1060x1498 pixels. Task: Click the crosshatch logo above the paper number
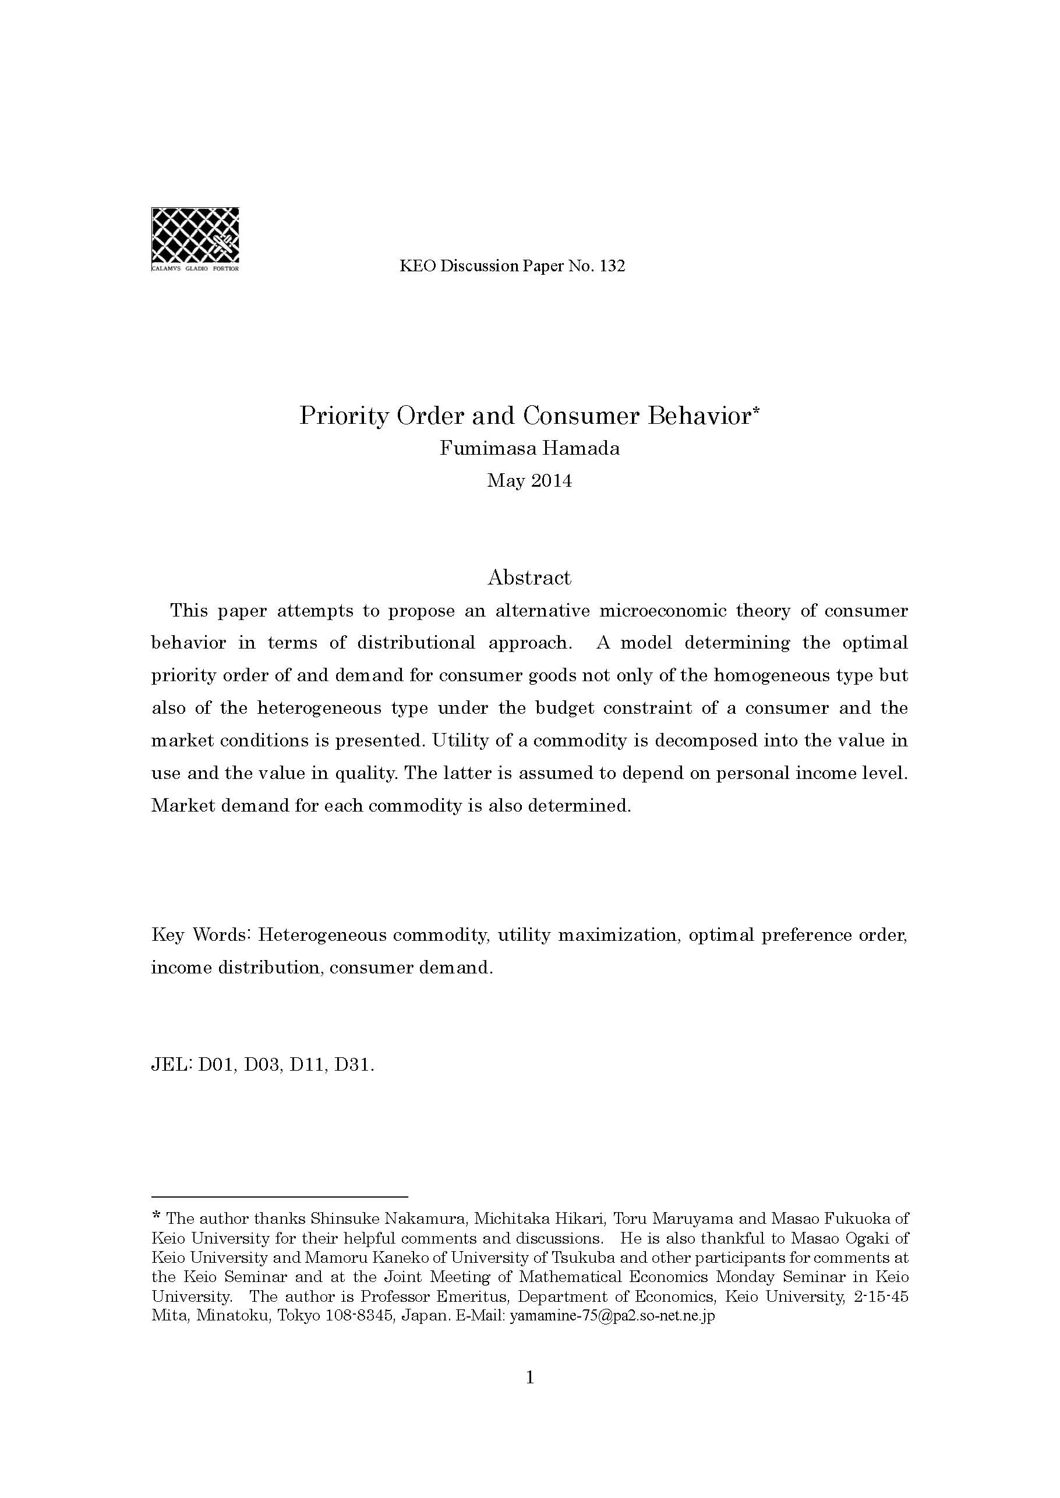pyautogui.click(x=195, y=235)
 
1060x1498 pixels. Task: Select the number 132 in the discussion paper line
pyautogui.click(x=612, y=266)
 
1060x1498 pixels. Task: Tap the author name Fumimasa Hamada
pyautogui.click(x=529, y=449)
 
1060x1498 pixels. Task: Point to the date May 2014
pyautogui.click(x=529, y=481)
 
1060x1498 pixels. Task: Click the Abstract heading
pyautogui.click(x=529, y=578)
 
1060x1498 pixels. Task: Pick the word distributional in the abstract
pyautogui.click(x=416, y=643)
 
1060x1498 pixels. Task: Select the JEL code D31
pyautogui.click(x=353, y=1065)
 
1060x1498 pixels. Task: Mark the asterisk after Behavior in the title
pyautogui.click(x=757, y=410)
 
